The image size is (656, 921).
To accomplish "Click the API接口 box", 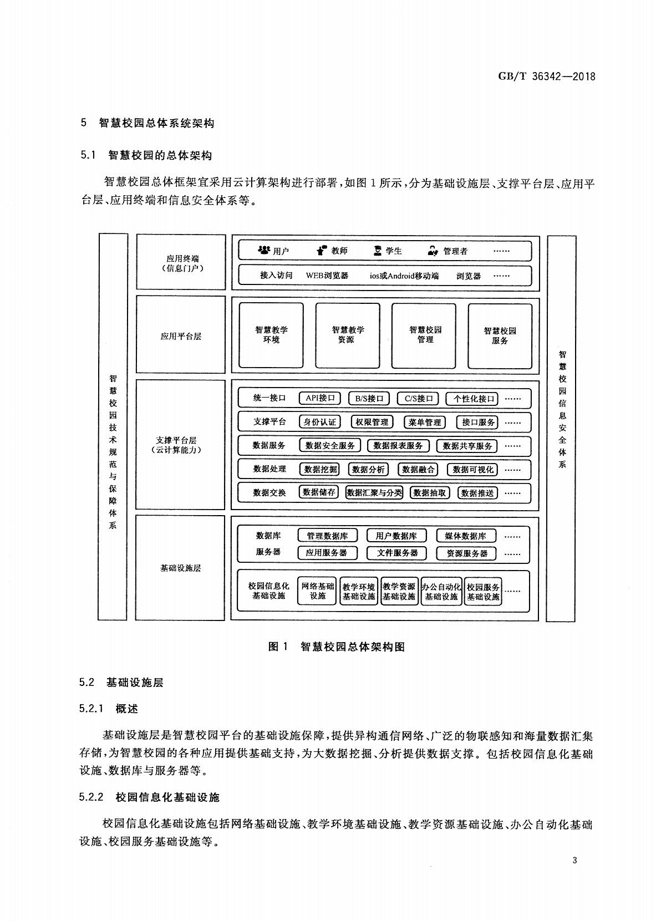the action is (320, 398).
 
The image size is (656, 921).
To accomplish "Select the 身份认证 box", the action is (320, 422).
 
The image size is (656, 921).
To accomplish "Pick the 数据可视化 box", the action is (472, 470).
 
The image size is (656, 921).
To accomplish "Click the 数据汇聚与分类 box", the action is (374, 492).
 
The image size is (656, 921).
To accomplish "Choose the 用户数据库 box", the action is (396, 536).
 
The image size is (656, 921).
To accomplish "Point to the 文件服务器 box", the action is (396, 553).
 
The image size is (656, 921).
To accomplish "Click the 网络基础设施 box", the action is (317, 591).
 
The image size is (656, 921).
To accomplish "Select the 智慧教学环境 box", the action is (271, 335).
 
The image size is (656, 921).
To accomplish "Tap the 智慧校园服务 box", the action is (500, 337).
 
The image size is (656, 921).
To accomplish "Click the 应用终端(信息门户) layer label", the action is (182, 263).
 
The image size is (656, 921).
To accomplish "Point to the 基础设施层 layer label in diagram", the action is (181, 568).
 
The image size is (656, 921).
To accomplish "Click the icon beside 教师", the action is (322, 250).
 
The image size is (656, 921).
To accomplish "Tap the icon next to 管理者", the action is (433, 251).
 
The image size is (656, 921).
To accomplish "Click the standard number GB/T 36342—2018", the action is (547, 77).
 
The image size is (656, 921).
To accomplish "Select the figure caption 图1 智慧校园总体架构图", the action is (337, 647).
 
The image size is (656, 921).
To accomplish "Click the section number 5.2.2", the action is (91, 797).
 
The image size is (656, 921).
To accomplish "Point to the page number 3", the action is (574, 860).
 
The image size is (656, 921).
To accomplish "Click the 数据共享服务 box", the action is (467, 446).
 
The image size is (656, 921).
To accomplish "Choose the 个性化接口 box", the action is (472, 399).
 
